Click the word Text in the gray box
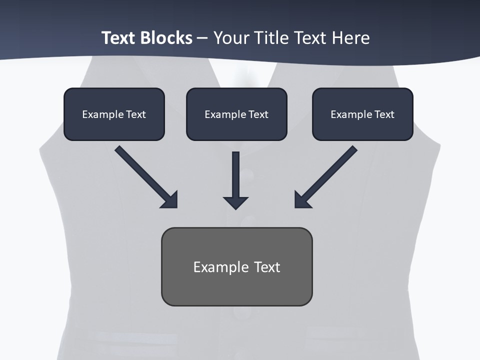pyautogui.click(x=267, y=267)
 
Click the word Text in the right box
pyautogui.click(x=384, y=114)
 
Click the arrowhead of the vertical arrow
pyautogui.click(x=236, y=203)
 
